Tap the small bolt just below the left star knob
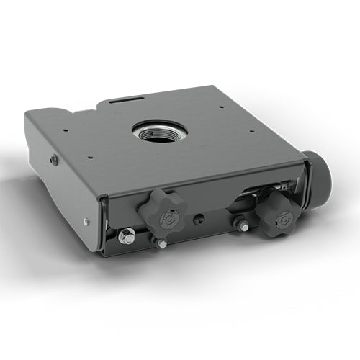click(161, 243)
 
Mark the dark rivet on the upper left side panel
click(54, 160)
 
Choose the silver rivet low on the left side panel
click(86, 222)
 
